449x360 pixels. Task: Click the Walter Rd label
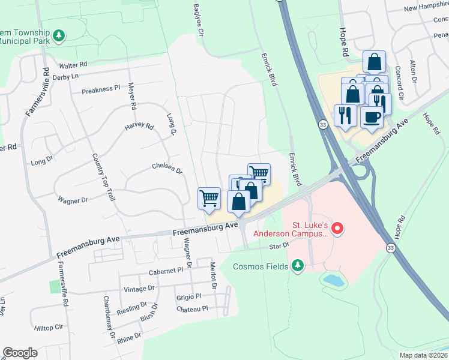[73, 64]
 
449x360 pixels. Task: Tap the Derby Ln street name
[66, 76]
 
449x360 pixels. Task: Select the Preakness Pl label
[101, 89]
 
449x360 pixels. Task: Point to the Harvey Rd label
[139, 127]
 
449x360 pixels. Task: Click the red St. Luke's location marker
[337, 228]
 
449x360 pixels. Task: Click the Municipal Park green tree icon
[59, 37]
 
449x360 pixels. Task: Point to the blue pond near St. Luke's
[331, 279]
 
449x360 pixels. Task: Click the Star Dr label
[279, 246]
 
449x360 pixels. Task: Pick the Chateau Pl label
[191, 308]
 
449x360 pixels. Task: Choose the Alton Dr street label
[413, 71]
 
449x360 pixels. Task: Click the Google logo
[20, 353]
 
